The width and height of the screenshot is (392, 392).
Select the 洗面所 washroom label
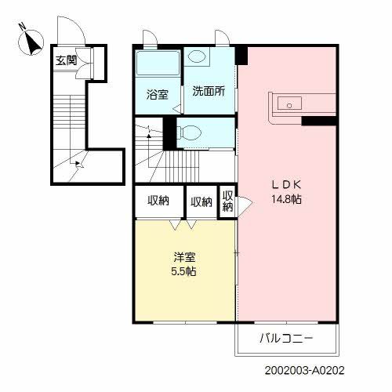(x=209, y=91)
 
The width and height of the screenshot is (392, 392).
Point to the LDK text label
(x=287, y=184)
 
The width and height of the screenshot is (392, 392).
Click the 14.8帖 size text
(x=287, y=199)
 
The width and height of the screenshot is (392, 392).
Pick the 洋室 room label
(x=184, y=257)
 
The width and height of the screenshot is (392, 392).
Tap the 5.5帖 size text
(x=184, y=272)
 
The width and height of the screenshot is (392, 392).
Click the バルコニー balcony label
(x=287, y=340)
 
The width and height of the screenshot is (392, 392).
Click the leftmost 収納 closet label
(x=159, y=201)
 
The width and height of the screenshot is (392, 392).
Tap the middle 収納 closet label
(x=201, y=201)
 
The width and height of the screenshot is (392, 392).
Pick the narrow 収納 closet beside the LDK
(x=227, y=201)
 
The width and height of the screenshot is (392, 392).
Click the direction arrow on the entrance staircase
(x=76, y=163)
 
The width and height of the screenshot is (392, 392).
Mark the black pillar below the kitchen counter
(x=318, y=121)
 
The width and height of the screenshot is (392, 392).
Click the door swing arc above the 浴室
(x=148, y=38)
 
